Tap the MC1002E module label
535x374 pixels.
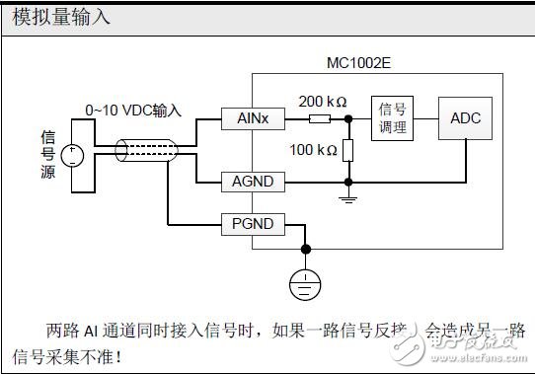click(x=359, y=62)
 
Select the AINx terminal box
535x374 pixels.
click(x=247, y=118)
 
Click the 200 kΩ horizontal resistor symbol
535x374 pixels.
click(x=318, y=118)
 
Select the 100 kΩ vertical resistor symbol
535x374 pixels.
click(x=348, y=150)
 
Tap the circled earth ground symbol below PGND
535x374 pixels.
click(x=306, y=284)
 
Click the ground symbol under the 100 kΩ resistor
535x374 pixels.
click(x=348, y=197)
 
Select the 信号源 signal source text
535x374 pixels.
click(x=46, y=153)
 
